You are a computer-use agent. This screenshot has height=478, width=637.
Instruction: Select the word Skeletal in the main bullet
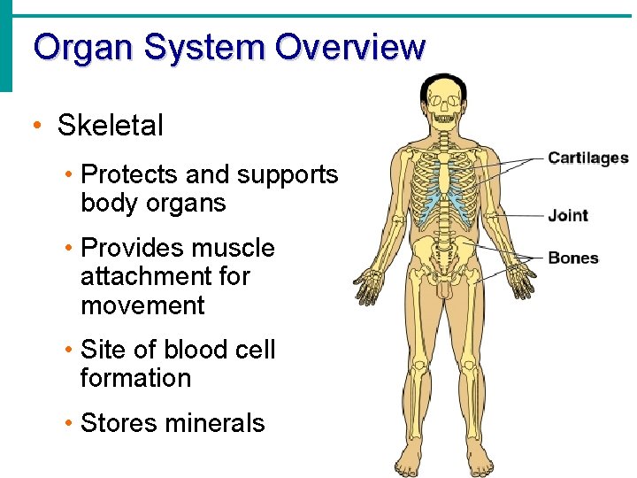111,125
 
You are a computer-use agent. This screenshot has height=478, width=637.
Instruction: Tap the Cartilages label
587,158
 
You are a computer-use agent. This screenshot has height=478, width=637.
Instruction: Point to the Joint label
568,215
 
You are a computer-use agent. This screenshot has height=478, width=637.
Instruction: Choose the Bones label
573,258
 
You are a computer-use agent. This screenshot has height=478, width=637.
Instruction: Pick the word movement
142,305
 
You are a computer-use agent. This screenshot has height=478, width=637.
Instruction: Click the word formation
135,378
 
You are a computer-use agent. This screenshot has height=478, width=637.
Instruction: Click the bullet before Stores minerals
69,422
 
